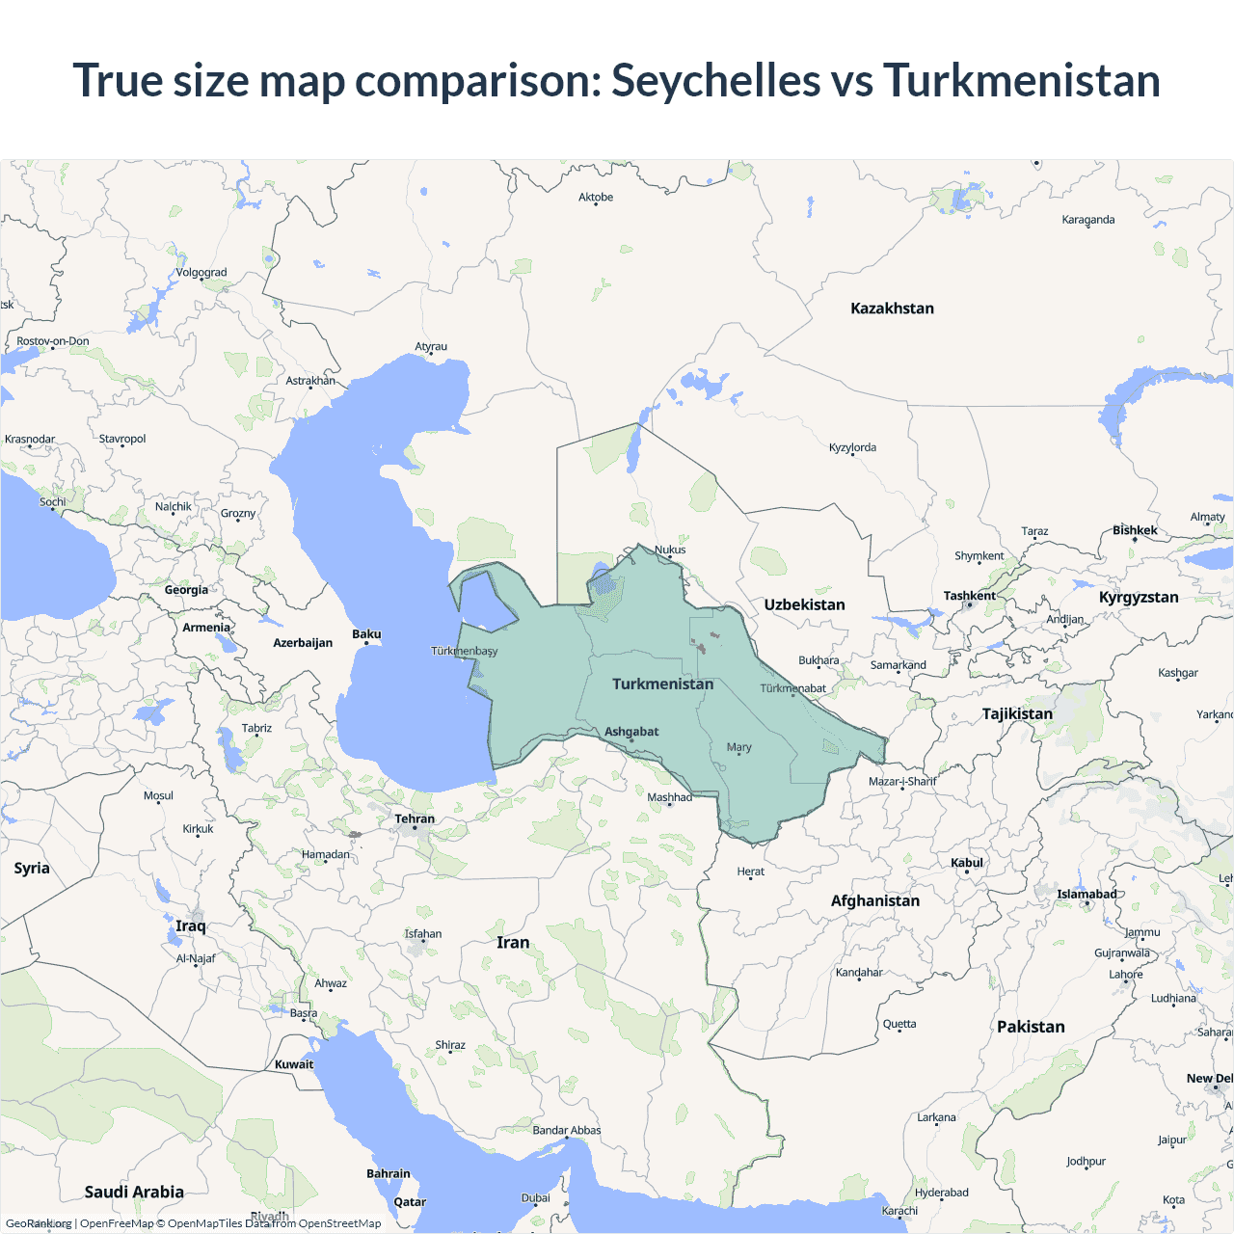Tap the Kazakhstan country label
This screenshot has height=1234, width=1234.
(892, 308)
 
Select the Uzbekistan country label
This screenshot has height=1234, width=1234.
(804, 604)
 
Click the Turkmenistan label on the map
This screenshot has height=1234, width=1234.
(662, 684)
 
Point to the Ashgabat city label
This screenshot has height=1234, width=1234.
(631, 732)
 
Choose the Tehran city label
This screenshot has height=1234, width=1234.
(415, 818)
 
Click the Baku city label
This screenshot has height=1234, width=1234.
(366, 634)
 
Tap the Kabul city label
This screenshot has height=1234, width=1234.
(967, 863)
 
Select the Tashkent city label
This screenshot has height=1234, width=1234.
(969, 596)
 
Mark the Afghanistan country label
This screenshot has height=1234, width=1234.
(874, 900)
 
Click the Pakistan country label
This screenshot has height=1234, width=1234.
(1031, 1027)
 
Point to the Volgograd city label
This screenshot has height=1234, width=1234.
(201, 272)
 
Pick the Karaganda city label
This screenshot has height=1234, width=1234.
(1087, 220)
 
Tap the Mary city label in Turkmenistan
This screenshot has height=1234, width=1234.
(738, 747)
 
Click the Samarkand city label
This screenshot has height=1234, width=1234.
(898, 665)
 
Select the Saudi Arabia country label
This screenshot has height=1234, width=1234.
(134, 1192)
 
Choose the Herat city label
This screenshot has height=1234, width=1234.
(750, 872)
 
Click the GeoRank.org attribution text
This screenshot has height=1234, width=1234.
(39, 1223)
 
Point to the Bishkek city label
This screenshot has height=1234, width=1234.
(1135, 530)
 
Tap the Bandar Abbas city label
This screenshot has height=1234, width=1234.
(566, 1130)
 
